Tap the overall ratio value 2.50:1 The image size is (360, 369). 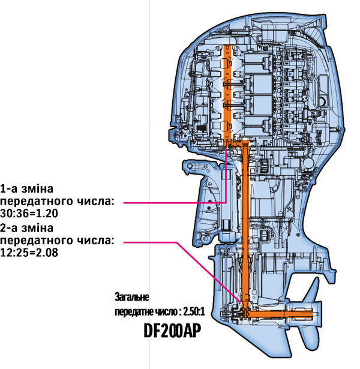tap(190, 312)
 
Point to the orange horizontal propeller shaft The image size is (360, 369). tap(282, 314)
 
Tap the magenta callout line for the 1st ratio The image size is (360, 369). tap(174, 203)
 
